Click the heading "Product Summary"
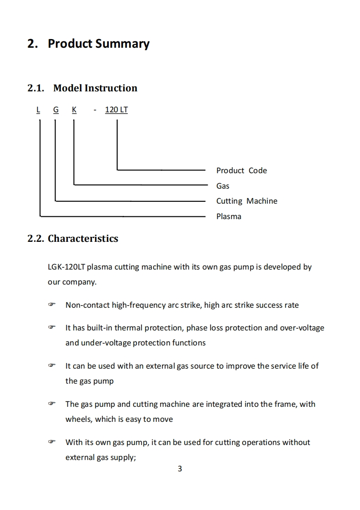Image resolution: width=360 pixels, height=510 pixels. pos(98,44)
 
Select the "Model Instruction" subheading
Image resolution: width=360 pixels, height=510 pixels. pos(95,88)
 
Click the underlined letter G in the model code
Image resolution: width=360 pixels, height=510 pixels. pos(55,110)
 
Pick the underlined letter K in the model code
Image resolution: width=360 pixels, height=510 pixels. pos(74,110)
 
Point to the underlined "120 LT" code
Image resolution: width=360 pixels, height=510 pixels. pos(116,110)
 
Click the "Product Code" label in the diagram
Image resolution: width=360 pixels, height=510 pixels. pos(241,170)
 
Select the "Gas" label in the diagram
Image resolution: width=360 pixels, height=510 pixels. pos(223,186)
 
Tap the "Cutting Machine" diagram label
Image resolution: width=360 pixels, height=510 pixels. pos(246,201)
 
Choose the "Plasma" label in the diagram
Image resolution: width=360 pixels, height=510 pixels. pos(229,216)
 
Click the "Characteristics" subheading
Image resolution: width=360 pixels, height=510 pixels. pos(83,239)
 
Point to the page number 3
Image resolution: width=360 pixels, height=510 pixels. pos(180,469)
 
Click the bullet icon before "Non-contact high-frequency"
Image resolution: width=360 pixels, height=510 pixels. pos(51,305)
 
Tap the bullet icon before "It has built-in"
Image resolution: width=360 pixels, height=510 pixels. pos(51,328)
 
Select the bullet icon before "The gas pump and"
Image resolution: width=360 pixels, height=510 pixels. pos(51,404)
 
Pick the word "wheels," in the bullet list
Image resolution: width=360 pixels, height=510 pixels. pos(79,419)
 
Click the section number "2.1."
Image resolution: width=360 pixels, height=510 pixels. pos(36,88)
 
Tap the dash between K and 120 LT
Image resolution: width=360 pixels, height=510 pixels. pos(95,110)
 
